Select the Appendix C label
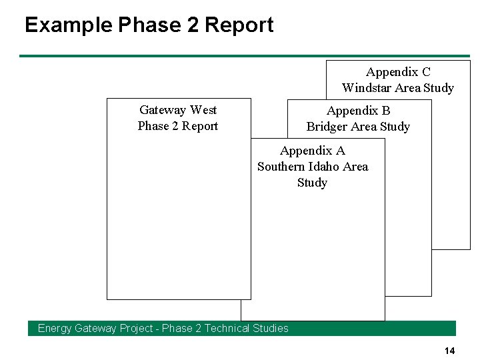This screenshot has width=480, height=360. pos(398,72)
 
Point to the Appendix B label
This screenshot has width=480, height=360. pos(359,111)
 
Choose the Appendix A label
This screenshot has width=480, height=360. pos(313,151)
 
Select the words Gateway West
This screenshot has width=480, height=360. pos(178,110)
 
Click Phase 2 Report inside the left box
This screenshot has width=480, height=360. pos(178,126)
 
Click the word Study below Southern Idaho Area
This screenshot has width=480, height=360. pos(313,183)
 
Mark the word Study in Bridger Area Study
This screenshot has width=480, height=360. pos(395,127)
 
